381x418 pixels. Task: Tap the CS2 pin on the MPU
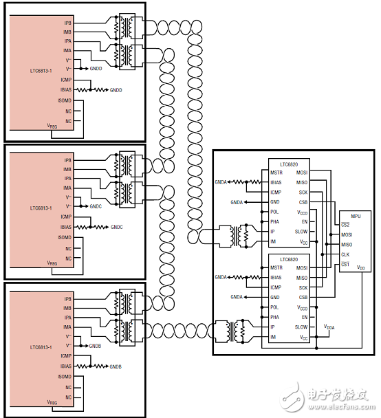click(346, 225)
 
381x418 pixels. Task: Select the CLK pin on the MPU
click(345, 254)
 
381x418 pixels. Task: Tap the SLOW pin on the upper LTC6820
click(301, 232)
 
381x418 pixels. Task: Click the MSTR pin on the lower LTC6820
click(276, 267)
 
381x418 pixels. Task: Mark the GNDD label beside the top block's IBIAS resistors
click(115, 90)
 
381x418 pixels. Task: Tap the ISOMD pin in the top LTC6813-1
click(65, 101)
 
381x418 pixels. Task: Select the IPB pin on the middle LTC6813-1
click(67, 161)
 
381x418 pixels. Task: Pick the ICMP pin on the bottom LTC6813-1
click(65, 356)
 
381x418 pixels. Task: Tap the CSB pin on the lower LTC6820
click(303, 297)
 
